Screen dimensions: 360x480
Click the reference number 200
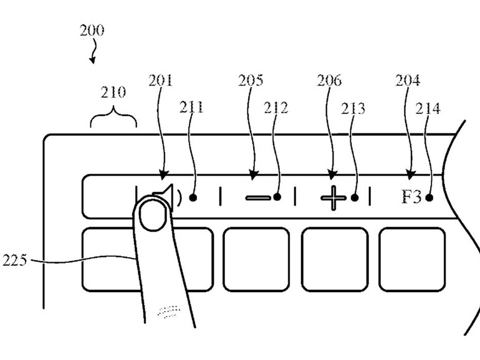coord(92,30)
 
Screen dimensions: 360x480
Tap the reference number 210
coord(113,93)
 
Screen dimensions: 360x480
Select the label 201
coord(161,80)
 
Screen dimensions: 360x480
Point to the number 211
coord(192,108)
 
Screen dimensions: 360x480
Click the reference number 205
coord(251,80)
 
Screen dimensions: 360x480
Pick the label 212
coord(276,108)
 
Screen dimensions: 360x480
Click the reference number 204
coord(408,80)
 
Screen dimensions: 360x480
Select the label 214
coord(429,108)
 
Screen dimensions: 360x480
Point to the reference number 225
coord(15,260)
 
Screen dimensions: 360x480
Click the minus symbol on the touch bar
coord(257,198)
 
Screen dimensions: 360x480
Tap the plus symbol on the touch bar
coord(334,198)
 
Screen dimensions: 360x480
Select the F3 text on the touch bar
coord(411,198)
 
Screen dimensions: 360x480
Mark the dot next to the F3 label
coord(429,198)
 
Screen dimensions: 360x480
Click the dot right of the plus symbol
coord(355,198)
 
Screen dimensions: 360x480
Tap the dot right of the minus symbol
coord(276,198)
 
